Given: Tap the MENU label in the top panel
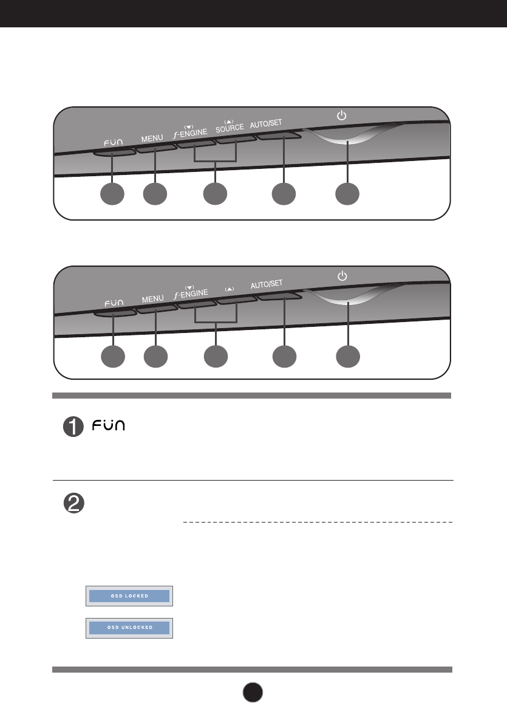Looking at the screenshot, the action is click(x=152, y=138).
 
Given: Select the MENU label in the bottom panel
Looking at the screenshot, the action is click(x=152, y=298).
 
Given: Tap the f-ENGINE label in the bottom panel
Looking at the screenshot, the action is click(x=191, y=293).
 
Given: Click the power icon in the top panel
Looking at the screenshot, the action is click(x=342, y=115).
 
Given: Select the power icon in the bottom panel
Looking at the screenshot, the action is click(x=342, y=276).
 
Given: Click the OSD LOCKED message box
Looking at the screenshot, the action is click(x=129, y=596).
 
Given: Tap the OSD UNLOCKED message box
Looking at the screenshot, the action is click(x=129, y=626).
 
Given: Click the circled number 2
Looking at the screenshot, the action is click(x=73, y=504).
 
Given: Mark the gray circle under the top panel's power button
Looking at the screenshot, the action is click(x=348, y=194).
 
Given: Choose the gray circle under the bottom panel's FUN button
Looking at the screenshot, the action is click(x=112, y=357).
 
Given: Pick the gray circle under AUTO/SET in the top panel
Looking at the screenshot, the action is click(x=284, y=194).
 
